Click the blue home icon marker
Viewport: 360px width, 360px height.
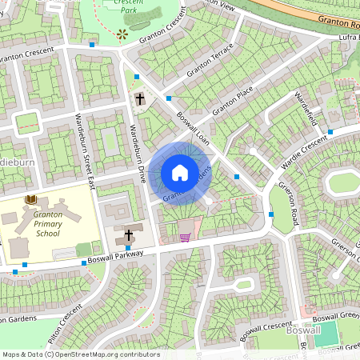click(x=180, y=172)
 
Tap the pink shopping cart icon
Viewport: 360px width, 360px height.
click(x=185, y=237)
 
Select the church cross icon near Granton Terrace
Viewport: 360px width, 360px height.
click(x=140, y=99)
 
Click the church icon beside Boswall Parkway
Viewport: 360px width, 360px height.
click(x=128, y=236)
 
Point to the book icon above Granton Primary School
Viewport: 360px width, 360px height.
click(x=31, y=198)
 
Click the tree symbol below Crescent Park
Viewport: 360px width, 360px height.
click(x=122, y=34)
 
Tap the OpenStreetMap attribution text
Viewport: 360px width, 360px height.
click(x=81, y=354)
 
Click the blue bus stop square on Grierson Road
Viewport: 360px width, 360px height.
click(x=272, y=214)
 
